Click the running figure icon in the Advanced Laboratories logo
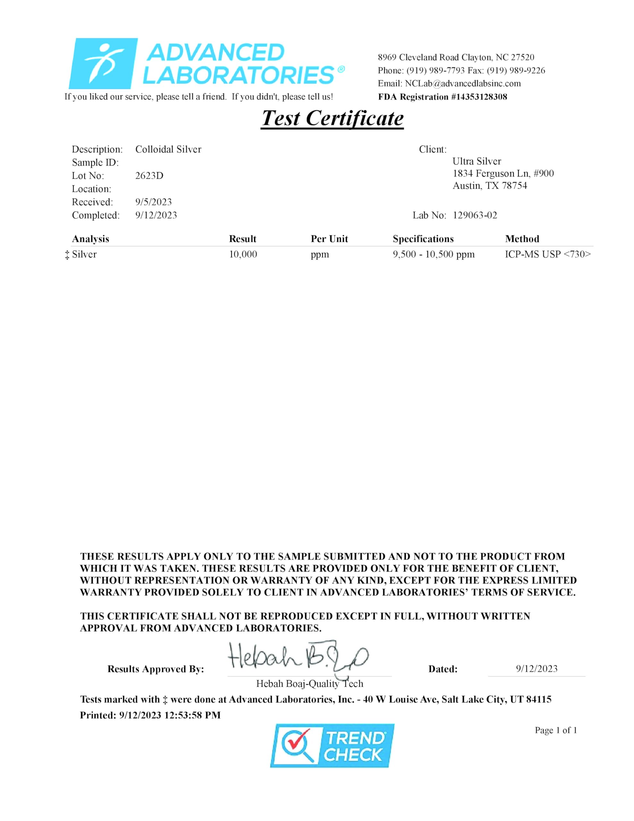(103, 63)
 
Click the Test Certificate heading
(332, 118)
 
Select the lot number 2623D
(149, 175)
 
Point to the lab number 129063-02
(475, 216)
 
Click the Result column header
(242, 239)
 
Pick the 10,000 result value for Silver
(243, 255)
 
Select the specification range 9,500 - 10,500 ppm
(433, 255)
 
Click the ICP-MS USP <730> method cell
(547, 255)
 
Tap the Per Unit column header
(329, 239)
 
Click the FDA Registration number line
(442, 97)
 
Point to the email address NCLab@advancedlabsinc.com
(463, 83)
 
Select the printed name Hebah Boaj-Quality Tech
(310, 684)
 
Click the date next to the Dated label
(536, 669)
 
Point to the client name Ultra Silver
(477, 162)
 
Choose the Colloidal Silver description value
(168, 150)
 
